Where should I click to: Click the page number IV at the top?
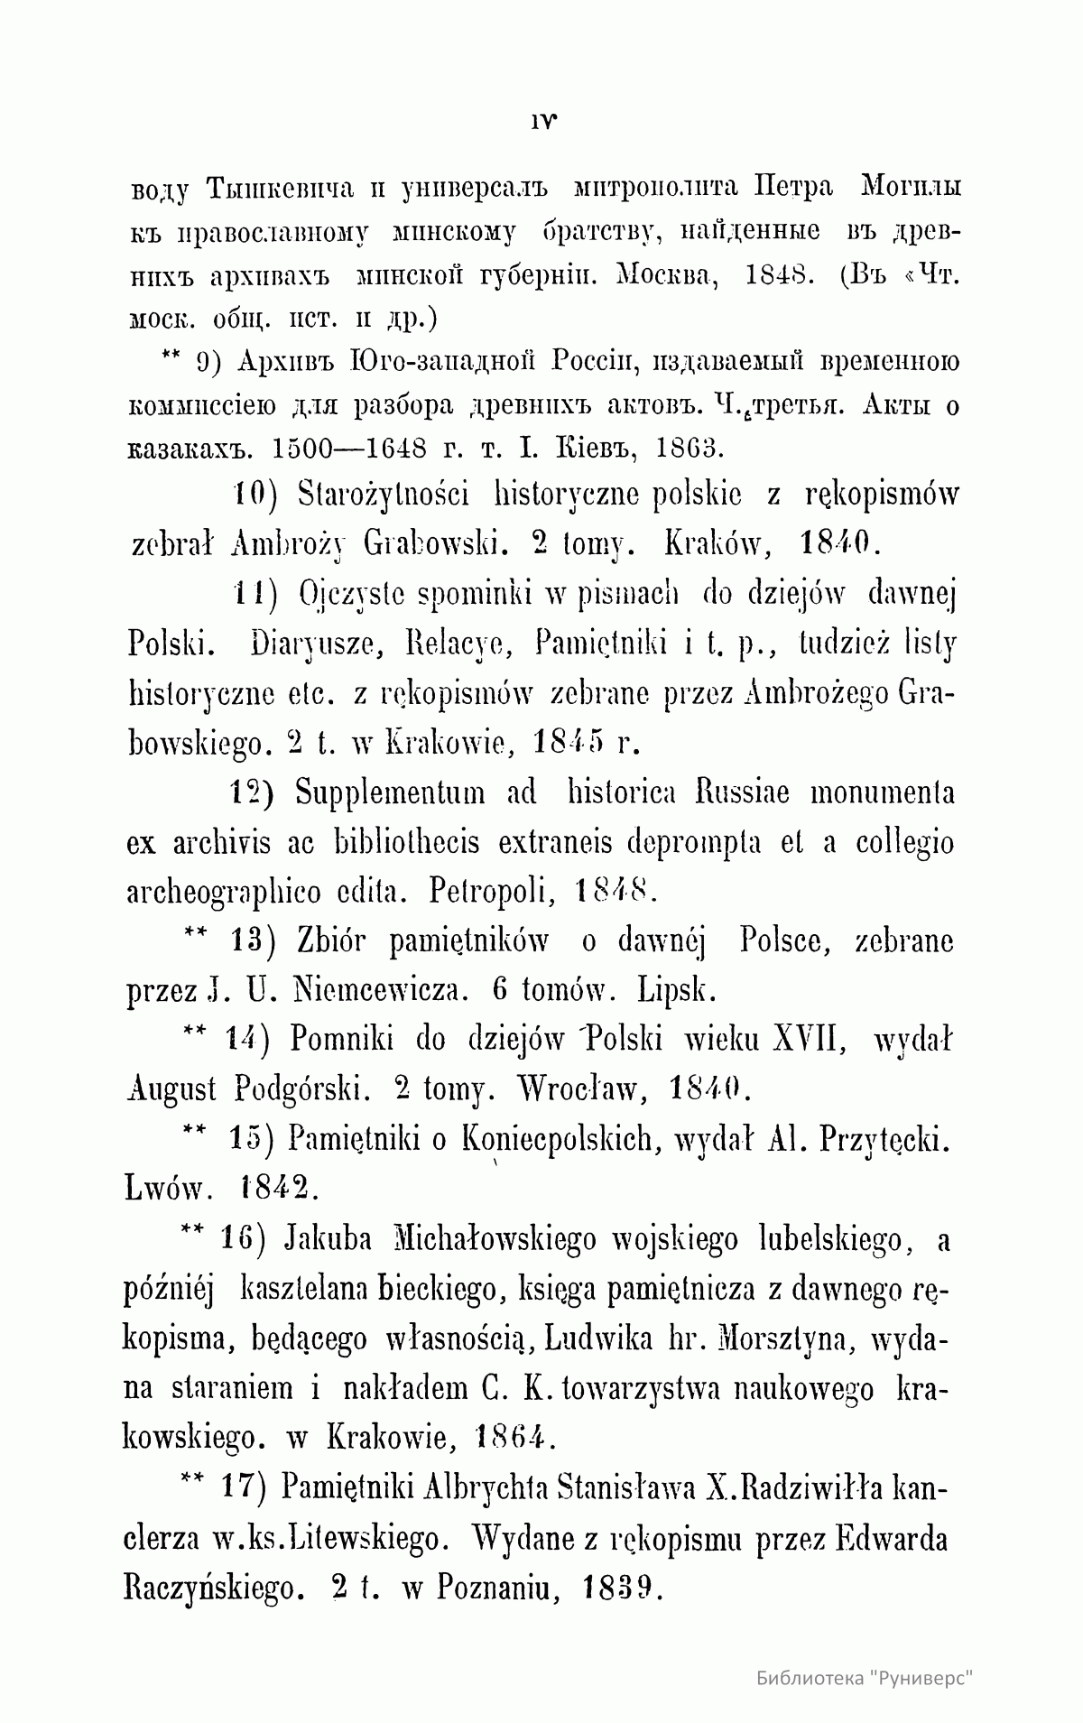(x=541, y=118)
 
